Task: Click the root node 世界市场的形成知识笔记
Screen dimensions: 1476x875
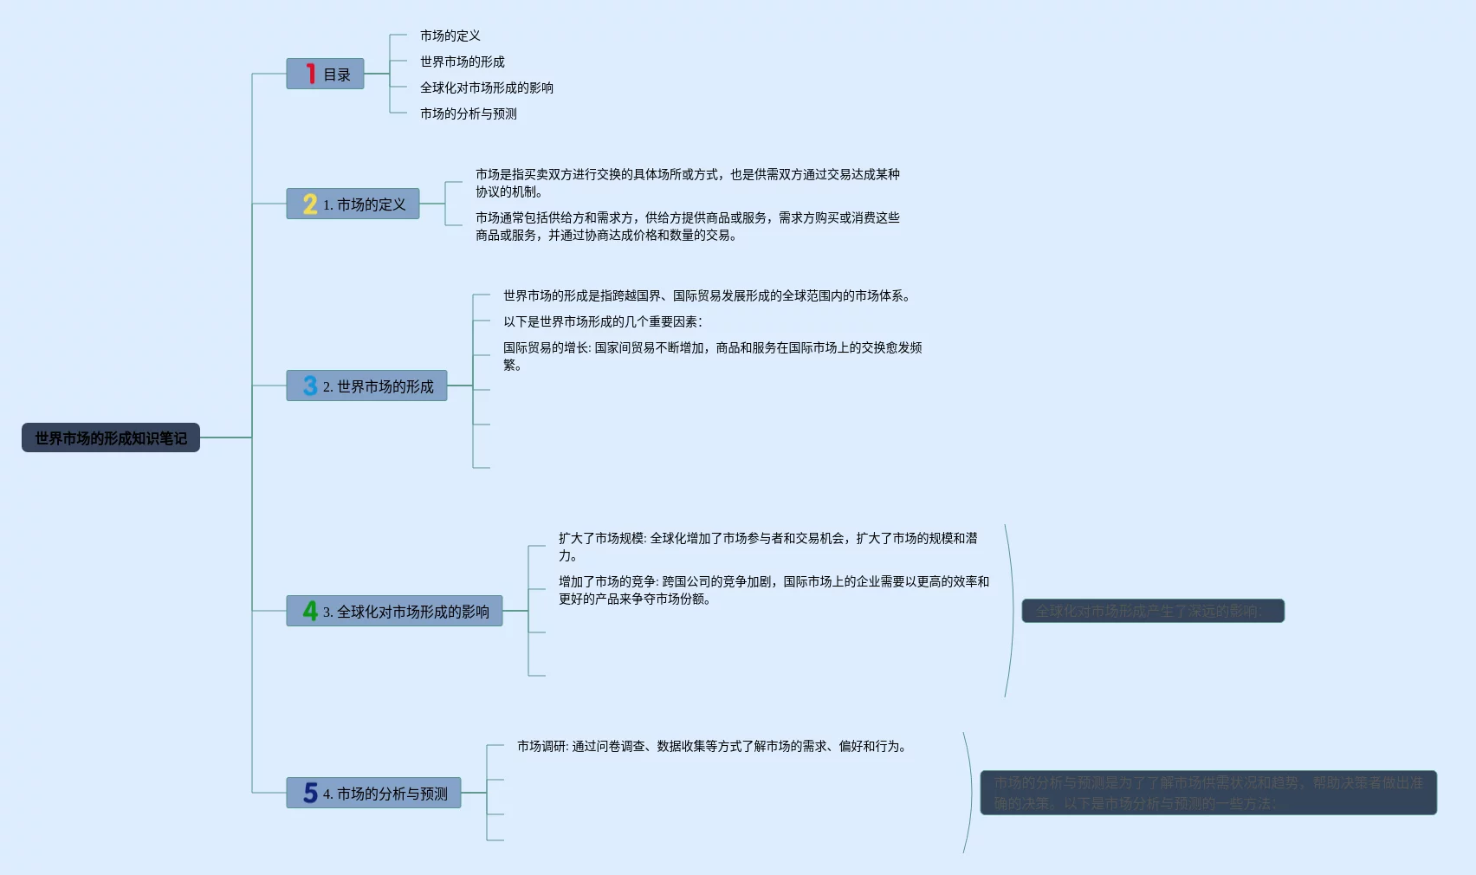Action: pos(111,438)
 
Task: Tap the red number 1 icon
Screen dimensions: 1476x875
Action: pos(310,74)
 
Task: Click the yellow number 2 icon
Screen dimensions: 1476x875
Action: pos(310,204)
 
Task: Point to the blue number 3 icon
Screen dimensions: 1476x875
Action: pos(310,386)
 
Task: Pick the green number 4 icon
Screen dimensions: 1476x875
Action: pos(310,611)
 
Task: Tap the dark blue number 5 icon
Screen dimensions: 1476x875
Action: pos(310,793)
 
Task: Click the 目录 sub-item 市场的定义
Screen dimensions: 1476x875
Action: pos(450,36)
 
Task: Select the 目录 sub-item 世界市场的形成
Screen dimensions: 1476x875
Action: pos(463,62)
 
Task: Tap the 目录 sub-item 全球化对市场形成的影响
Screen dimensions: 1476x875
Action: pos(487,87)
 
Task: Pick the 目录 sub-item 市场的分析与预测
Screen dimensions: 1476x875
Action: pos(469,113)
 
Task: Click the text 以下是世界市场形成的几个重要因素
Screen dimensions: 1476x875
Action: pos(603,321)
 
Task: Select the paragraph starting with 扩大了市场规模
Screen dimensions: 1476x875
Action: pos(767,547)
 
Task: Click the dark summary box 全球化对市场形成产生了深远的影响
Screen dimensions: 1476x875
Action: pos(1153,611)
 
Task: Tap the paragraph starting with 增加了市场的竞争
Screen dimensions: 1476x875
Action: pos(774,590)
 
